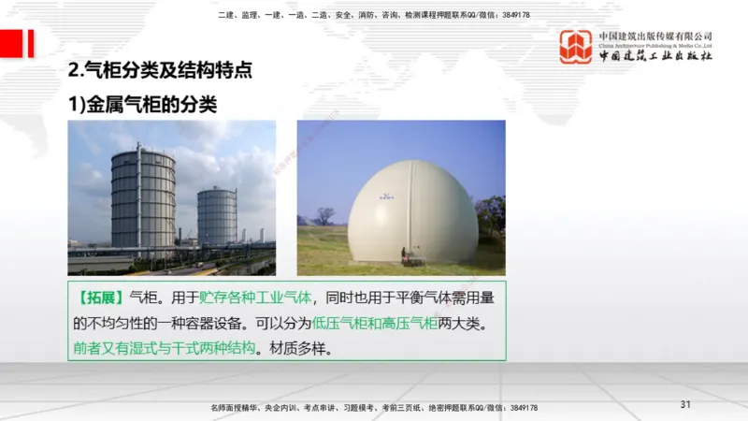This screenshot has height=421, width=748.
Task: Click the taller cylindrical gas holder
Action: (x=143, y=202)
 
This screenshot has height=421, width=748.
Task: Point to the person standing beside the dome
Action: (x=403, y=253)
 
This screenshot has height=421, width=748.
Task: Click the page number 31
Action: (x=685, y=404)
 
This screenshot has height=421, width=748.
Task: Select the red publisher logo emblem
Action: (x=575, y=46)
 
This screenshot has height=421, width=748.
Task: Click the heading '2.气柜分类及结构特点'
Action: (x=161, y=71)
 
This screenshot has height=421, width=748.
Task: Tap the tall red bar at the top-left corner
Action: (x=30, y=43)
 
